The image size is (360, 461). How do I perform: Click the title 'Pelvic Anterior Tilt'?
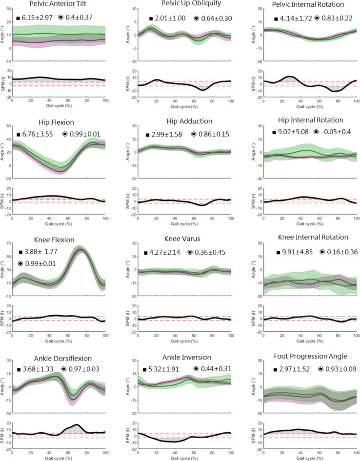(57, 5)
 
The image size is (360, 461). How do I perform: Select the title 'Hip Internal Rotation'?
(307, 120)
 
